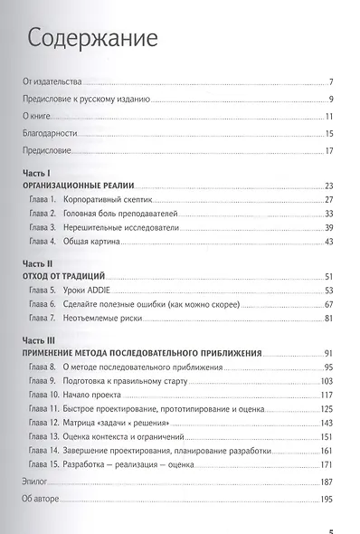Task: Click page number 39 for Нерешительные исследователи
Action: click(x=330, y=226)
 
